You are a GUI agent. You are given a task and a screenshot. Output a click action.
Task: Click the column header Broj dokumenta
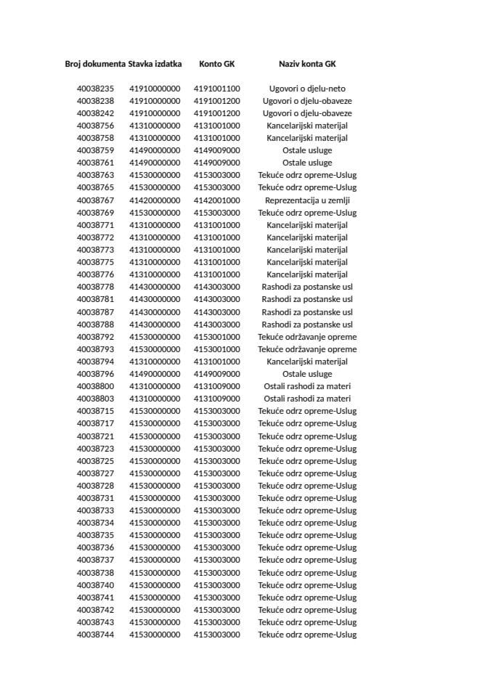[95, 64]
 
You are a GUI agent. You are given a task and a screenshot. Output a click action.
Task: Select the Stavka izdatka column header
[155, 64]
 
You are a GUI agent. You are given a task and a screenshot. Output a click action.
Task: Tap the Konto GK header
[216, 64]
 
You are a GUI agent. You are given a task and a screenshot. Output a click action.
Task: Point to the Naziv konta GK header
[307, 64]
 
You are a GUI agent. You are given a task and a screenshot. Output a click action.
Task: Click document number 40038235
[95, 89]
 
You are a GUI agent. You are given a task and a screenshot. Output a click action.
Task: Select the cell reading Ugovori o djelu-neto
[307, 89]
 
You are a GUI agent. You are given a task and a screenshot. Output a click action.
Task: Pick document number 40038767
[95, 200]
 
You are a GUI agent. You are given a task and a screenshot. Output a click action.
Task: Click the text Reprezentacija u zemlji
[307, 200]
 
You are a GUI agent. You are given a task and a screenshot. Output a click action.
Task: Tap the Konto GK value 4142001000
[216, 200]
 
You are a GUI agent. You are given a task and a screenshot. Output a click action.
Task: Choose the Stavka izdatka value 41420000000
[155, 200]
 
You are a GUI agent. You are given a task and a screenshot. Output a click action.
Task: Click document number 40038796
[95, 374]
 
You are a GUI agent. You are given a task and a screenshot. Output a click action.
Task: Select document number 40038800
[95, 386]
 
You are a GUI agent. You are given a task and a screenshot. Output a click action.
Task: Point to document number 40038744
[95, 635]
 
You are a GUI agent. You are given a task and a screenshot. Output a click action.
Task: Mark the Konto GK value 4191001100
[216, 89]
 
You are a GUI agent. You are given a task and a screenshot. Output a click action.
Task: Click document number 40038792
[95, 337]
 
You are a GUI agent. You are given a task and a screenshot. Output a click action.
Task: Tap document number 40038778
[95, 287]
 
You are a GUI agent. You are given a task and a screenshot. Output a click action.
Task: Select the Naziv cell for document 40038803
[307, 399]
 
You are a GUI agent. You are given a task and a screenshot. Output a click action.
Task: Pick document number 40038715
[95, 411]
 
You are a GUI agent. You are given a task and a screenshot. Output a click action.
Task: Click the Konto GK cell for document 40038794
[216, 362]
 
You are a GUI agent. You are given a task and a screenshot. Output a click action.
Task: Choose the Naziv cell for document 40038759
[307, 150]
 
